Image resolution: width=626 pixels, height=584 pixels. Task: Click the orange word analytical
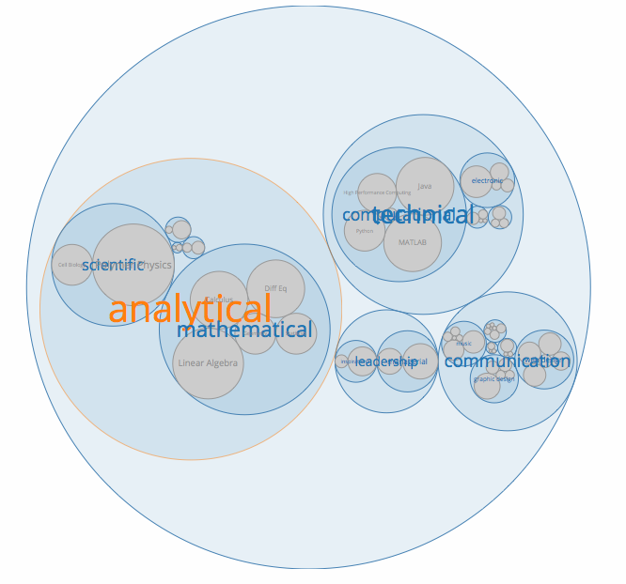pyautogui.click(x=190, y=309)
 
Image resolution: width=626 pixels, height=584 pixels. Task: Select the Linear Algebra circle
pyautogui.click(x=208, y=363)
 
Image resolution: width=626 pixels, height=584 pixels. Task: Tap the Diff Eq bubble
pyautogui.click(x=275, y=288)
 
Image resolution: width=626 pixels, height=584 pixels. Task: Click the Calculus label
pyautogui.click(x=219, y=300)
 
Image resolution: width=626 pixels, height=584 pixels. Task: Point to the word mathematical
pyautogui.click(x=244, y=330)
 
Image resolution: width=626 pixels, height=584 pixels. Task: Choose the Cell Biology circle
pyautogui.click(x=71, y=265)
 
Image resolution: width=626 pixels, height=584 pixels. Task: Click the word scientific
pyautogui.click(x=113, y=265)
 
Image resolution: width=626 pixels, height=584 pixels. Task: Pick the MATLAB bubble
pyautogui.click(x=413, y=242)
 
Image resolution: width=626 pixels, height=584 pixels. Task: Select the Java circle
pyautogui.click(x=424, y=186)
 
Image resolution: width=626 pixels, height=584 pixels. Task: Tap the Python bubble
pyautogui.click(x=365, y=231)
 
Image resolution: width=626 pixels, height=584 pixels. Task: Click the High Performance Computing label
pyautogui.click(x=377, y=192)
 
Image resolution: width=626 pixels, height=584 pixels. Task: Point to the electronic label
pyautogui.click(x=487, y=180)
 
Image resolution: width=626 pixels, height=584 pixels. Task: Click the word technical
pyautogui.click(x=424, y=215)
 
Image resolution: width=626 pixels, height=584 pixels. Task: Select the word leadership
pyautogui.click(x=386, y=361)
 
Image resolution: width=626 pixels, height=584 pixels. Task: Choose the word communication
pyautogui.click(x=508, y=361)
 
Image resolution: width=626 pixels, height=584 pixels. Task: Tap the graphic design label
pyautogui.click(x=493, y=379)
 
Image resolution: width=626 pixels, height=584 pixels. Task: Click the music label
pyautogui.click(x=464, y=343)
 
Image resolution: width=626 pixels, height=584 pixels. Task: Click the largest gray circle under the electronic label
pyautogui.click(x=477, y=181)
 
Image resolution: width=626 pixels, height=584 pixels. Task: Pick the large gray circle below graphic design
pyautogui.click(x=487, y=385)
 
